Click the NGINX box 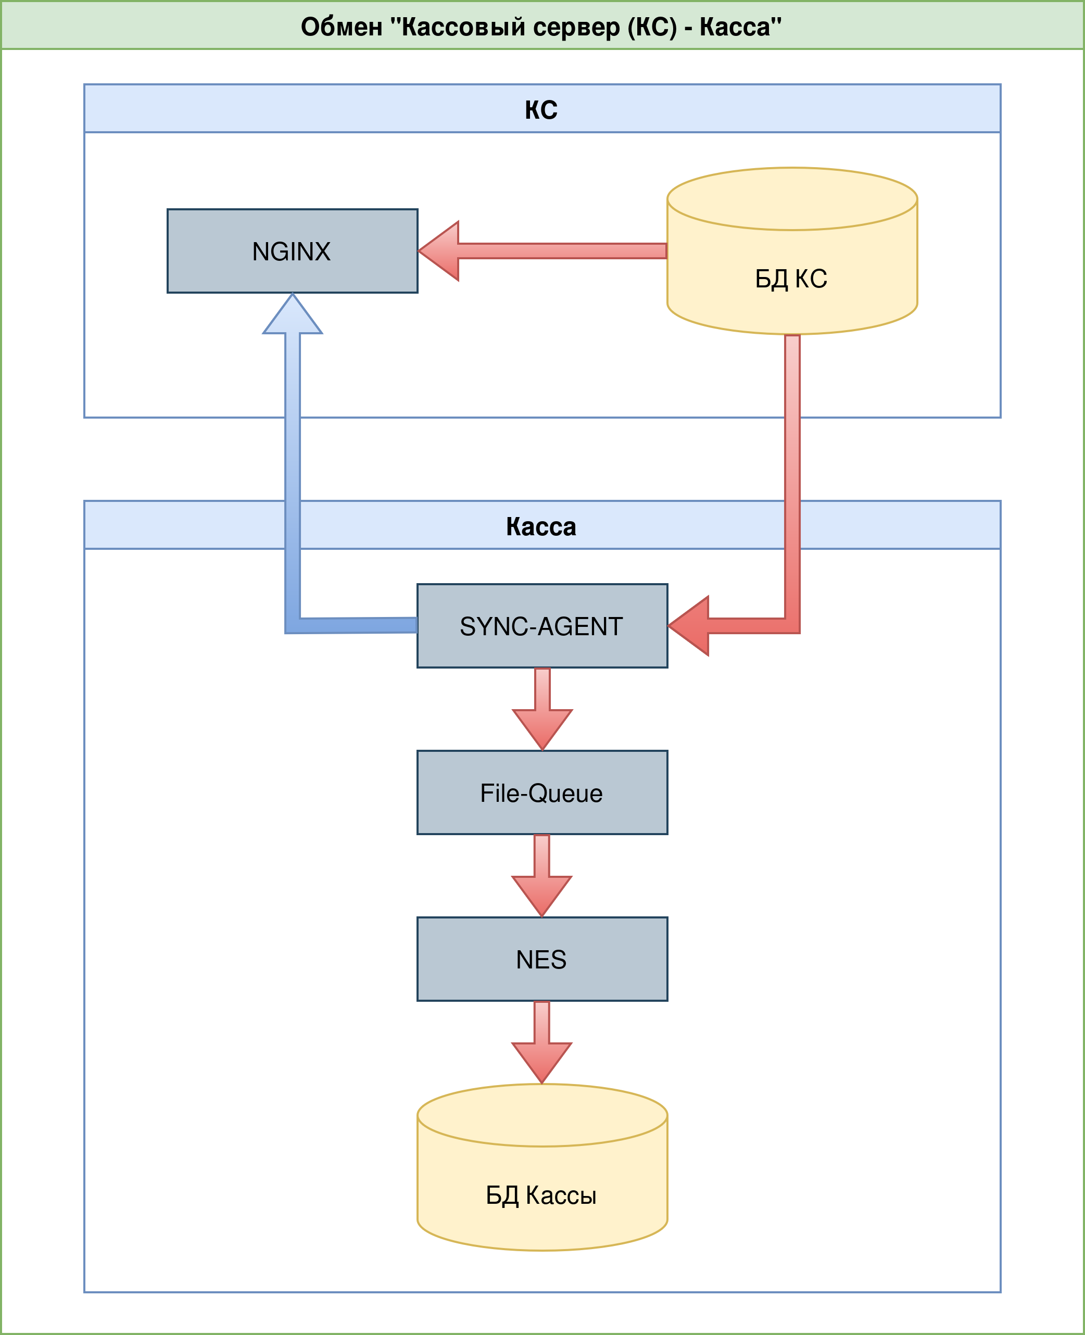coord(292,250)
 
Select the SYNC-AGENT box coord(542,626)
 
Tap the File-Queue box coord(542,792)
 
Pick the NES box coord(542,959)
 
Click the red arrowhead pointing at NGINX coord(440,250)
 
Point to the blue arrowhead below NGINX coord(293,316)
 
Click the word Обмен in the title coord(341,27)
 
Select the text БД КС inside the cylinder coord(791,279)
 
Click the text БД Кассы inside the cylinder coord(541,1195)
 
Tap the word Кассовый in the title coord(455,27)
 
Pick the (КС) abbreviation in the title coord(652,27)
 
